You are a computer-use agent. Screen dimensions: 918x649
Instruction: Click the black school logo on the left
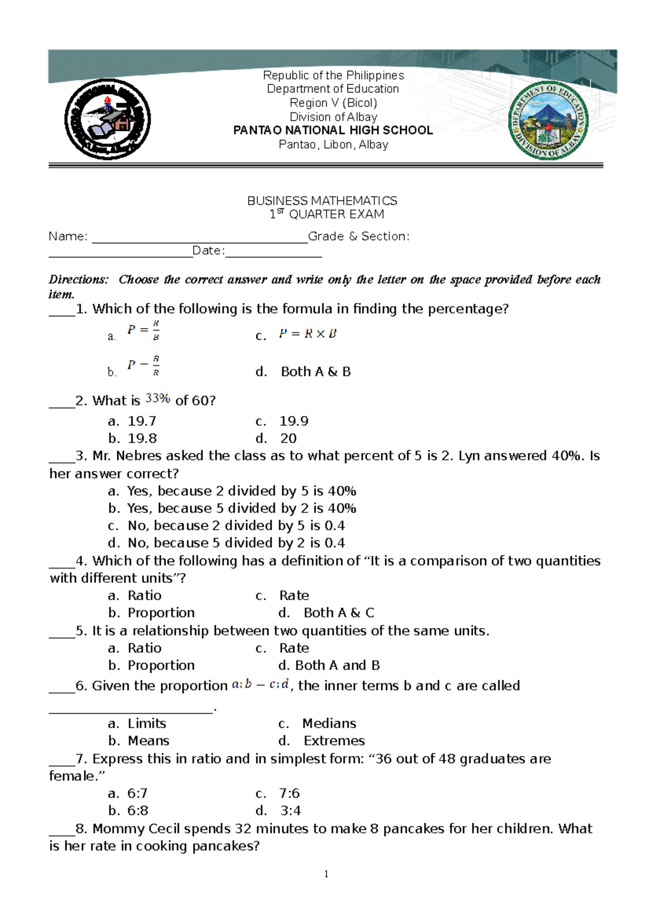(x=108, y=119)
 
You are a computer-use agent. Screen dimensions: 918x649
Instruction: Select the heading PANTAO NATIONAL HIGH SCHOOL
(x=333, y=130)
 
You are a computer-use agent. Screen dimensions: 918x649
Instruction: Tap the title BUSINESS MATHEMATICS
(x=322, y=201)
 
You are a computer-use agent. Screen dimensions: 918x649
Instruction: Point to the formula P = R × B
(x=307, y=334)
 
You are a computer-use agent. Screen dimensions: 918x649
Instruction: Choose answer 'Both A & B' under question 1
(x=315, y=371)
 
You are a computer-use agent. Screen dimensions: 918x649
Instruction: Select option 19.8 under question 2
(x=142, y=438)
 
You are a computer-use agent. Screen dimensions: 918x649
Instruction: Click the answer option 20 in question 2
(x=288, y=438)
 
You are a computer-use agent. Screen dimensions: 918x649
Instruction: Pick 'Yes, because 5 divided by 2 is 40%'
(x=241, y=508)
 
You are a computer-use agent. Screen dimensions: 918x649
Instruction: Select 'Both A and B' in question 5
(x=337, y=665)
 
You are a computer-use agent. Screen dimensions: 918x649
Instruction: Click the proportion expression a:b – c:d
(x=260, y=685)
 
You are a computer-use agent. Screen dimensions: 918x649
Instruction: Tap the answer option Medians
(x=329, y=723)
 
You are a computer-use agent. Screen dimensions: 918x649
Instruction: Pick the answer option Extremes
(x=334, y=741)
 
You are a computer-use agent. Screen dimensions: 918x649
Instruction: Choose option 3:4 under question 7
(x=290, y=810)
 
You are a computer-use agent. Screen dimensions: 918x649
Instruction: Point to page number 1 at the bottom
(x=326, y=874)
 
